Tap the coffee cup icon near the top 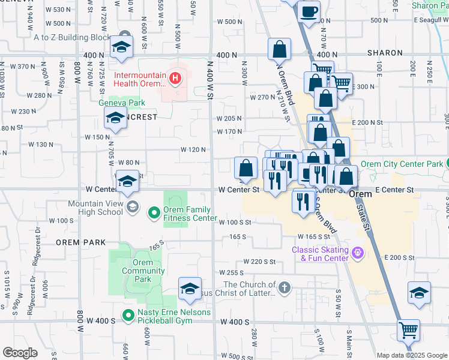pyautogui.click(x=309, y=11)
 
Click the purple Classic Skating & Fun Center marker pyautogui.click(x=358, y=253)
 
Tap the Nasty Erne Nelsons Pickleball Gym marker pyautogui.click(x=127, y=314)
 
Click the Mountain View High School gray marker pyautogui.click(x=133, y=207)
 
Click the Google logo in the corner pyautogui.click(x=20, y=353)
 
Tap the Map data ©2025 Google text pyautogui.click(x=411, y=355)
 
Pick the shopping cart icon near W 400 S pyautogui.click(x=409, y=330)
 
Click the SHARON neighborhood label pyautogui.click(x=384, y=53)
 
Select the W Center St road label pyautogui.click(x=238, y=190)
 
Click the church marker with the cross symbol pyautogui.click(x=284, y=289)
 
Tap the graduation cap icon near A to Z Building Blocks pyautogui.click(x=121, y=48)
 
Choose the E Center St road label pyautogui.click(x=394, y=190)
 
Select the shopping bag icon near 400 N pyautogui.click(x=280, y=50)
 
